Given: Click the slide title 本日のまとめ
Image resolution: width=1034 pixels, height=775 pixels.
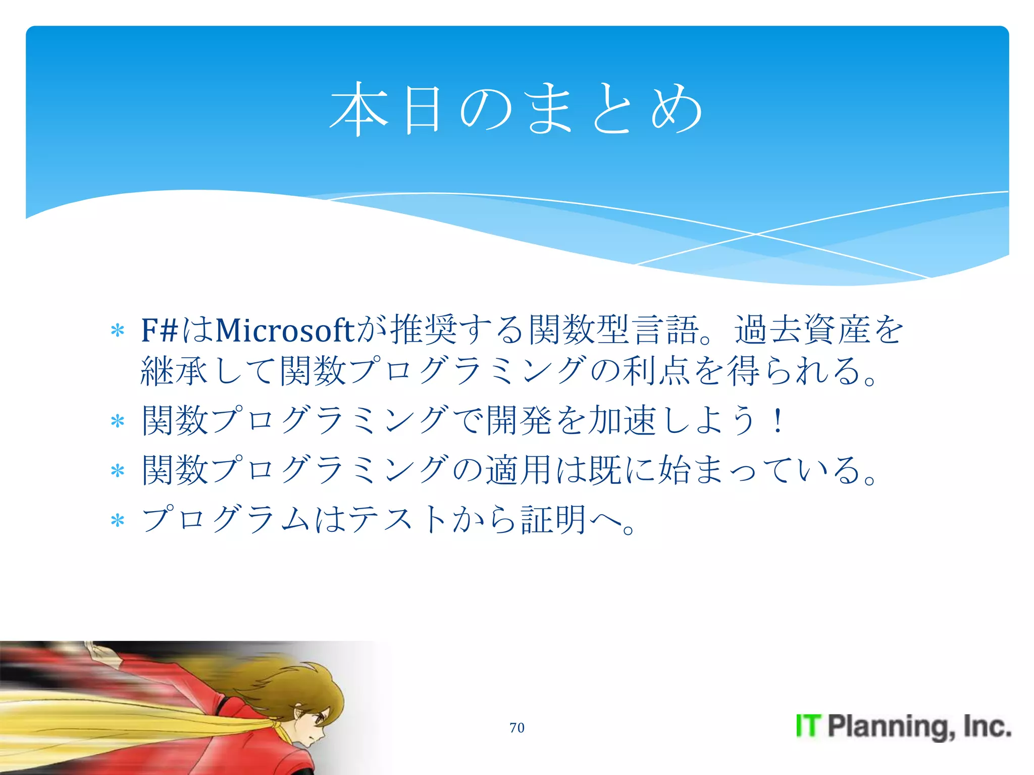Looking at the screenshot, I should click(516, 109).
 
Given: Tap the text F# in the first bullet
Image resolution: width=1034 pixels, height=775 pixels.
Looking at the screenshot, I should click(160, 330).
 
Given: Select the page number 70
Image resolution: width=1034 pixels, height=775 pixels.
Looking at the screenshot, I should click(516, 728).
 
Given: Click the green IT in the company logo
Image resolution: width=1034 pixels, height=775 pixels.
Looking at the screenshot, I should click(808, 726).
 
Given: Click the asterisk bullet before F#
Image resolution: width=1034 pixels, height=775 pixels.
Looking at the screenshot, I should click(118, 331).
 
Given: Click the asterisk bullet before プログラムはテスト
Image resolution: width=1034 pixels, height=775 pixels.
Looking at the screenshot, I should click(118, 521).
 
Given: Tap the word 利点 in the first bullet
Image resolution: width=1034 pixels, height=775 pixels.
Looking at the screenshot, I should click(656, 371).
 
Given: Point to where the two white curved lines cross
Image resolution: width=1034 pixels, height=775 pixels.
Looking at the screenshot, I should click(755, 234).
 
